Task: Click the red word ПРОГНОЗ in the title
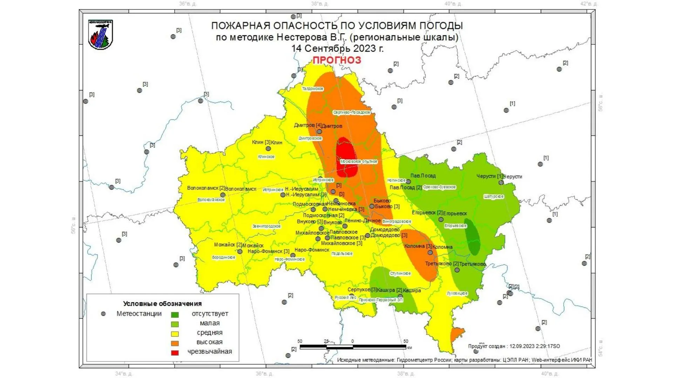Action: pos(336,60)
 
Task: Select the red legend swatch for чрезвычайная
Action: pos(175,352)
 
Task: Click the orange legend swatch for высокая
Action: pos(175,343)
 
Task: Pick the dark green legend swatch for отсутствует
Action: pos(175,315)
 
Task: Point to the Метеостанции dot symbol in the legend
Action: pos(103,314)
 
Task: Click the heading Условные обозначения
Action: pos(162,304)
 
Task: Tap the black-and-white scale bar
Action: pos(353,347)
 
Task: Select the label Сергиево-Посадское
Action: pos(352,112)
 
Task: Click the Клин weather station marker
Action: pos(268,149)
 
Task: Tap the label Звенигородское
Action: pos(266,226)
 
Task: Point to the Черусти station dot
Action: pos(501,182)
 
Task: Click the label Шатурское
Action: pos(494,196)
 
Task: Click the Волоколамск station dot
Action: pos(223,195)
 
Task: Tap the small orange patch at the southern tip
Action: pos(457,334)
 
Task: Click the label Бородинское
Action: pos(224,257)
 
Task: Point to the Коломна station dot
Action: pos(430,252)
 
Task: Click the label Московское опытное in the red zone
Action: pos(359,162)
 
